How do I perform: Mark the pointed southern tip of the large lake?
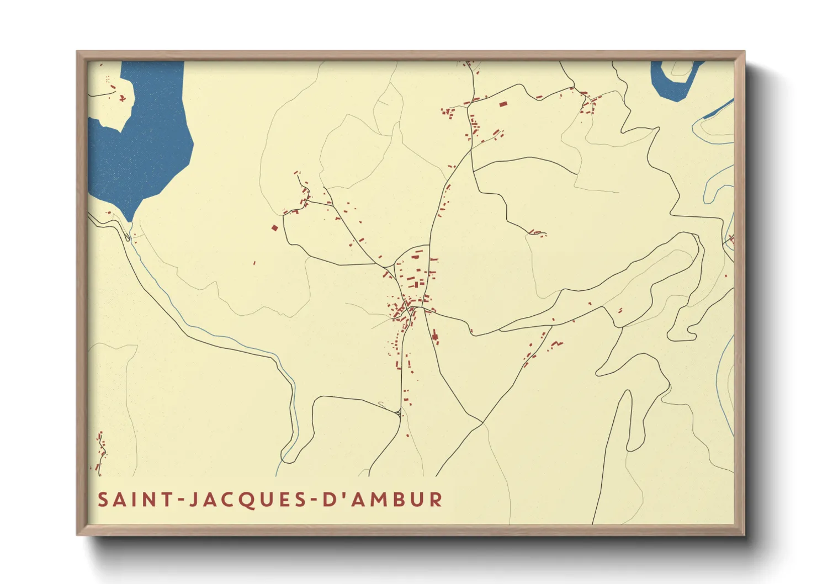[x=130, y=219]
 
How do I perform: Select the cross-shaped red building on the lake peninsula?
[x=122, y=99]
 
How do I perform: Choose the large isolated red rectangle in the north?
[x=503, y=103]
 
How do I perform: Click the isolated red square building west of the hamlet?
[x=274, y=227]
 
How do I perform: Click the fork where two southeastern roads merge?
[x=482, y=423]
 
